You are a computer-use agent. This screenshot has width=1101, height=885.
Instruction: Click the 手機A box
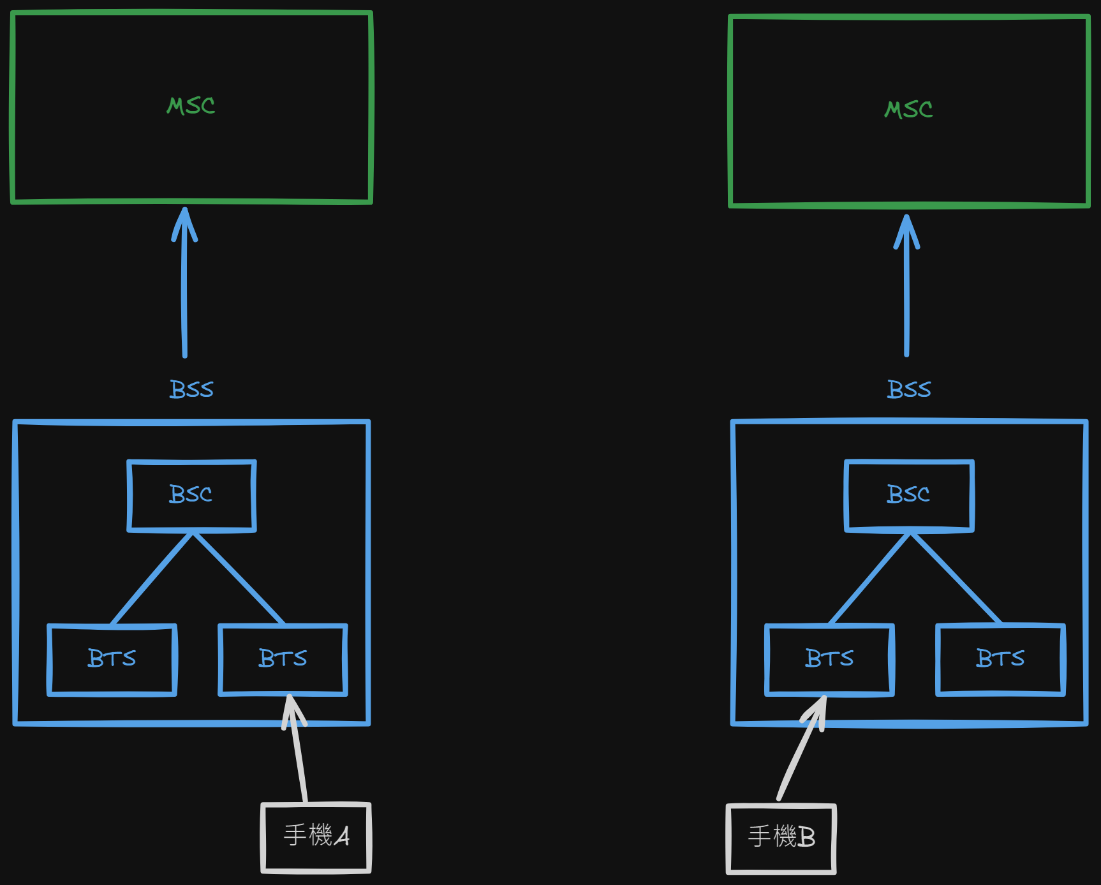316,837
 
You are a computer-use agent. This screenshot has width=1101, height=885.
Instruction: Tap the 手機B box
781,838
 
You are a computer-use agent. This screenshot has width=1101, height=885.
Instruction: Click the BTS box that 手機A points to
283,659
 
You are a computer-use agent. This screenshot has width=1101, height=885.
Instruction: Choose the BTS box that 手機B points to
829,659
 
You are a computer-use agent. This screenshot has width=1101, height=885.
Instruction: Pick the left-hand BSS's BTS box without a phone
112,659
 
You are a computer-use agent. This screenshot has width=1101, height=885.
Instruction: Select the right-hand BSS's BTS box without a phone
1000,659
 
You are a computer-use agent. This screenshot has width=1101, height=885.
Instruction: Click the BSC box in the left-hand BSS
191,495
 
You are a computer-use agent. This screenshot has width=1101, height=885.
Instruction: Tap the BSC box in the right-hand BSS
909,495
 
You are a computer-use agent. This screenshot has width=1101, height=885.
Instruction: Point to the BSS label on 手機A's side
191,389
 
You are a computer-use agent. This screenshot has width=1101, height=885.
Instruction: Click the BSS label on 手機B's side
909,389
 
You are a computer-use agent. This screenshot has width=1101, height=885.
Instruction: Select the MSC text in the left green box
191,106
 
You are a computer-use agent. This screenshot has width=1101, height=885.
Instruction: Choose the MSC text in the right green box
909,110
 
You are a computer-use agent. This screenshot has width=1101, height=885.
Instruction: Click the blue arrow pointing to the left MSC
184,287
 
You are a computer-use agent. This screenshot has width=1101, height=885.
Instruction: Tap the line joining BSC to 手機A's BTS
238,578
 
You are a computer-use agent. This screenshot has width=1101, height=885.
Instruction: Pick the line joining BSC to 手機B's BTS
870,578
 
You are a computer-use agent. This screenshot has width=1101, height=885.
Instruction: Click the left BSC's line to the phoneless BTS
152,578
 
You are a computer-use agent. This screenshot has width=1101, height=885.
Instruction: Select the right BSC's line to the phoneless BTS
956,578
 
